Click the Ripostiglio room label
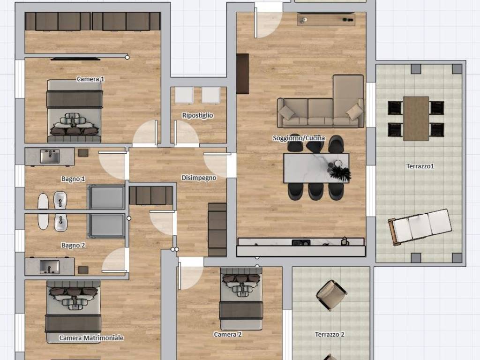click(x=197, y=115)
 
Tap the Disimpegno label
click(x=199, y=178)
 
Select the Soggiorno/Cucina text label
click(x=299, y=138)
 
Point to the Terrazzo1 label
click(x=420, y=166)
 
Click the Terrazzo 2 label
click(x=330, y=334)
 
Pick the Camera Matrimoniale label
click(x=91, y=338)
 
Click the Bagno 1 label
click(x=73, y=179)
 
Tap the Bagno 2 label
click(x=73, y=245)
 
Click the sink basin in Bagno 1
click(x=50, y=157)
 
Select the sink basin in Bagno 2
click(x=50, y=267)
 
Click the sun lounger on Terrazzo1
click(x=420, y=227)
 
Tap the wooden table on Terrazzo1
click(x=416, y=119)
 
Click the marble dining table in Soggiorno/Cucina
click(x=316, y=168)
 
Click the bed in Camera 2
click(x=241, y=299)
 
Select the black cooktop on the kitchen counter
click(x=301, y=243)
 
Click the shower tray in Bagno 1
click(x=106, y=197)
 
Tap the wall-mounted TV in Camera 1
click(x=75, y=59)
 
